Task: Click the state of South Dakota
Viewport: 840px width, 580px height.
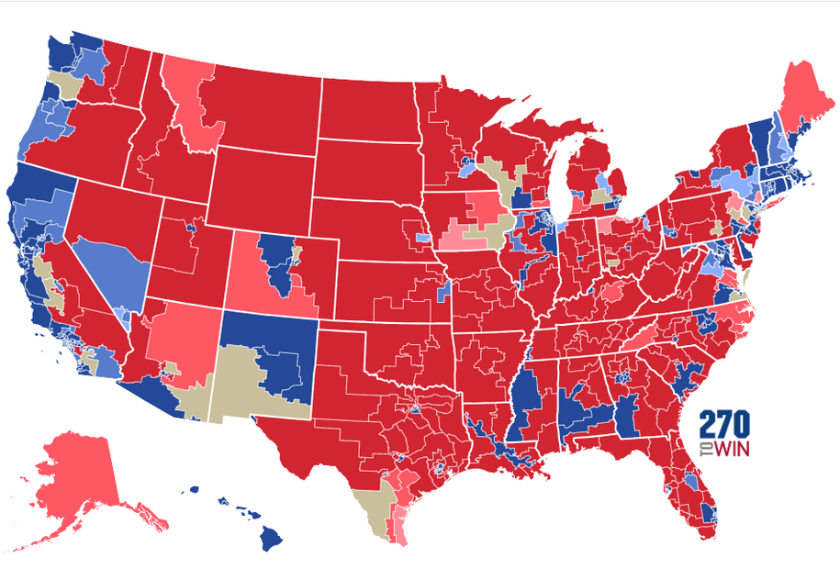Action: coord(367,170)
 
